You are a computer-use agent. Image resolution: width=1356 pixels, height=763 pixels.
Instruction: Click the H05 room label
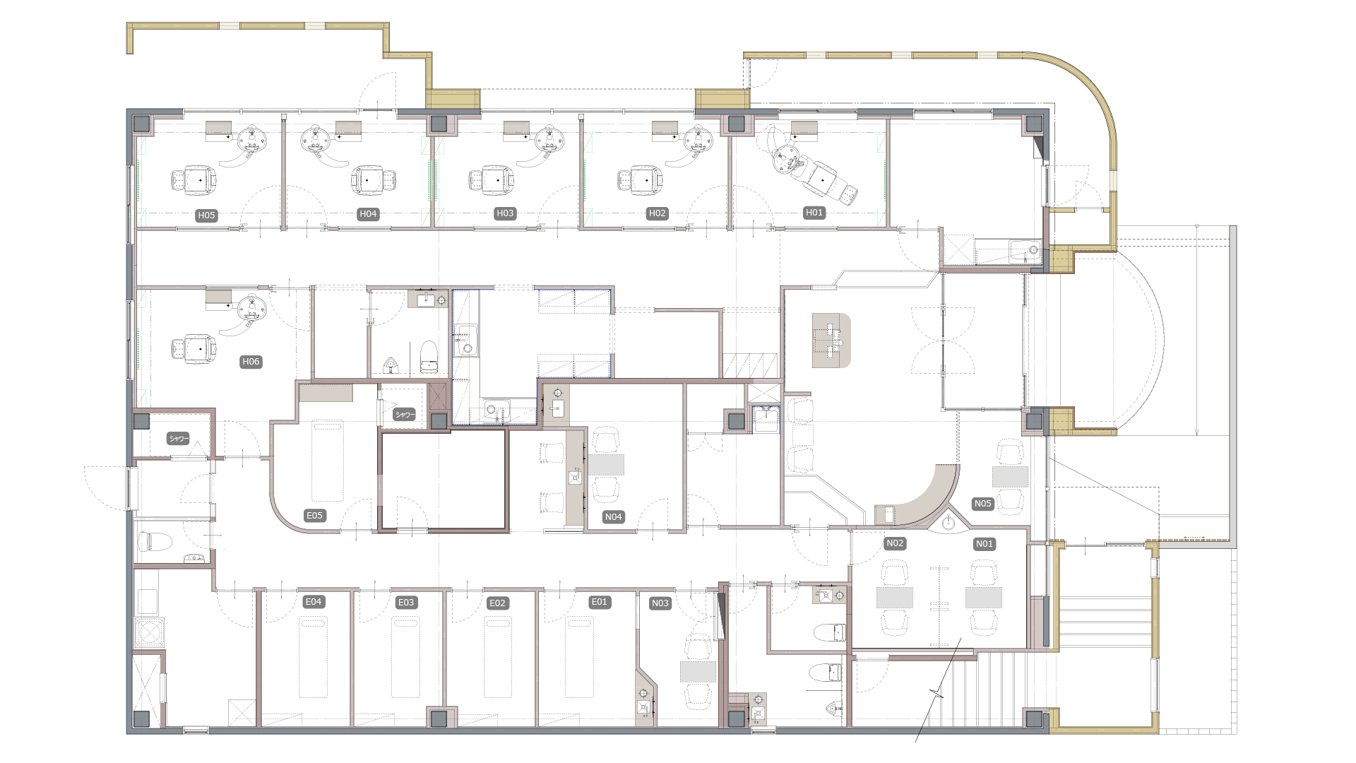206,215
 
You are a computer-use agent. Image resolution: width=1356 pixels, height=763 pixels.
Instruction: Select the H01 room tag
814,213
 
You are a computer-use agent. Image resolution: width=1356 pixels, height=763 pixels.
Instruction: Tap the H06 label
251,362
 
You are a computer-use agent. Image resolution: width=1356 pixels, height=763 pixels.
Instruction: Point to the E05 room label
314,516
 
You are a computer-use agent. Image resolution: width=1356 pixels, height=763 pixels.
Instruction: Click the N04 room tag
613,517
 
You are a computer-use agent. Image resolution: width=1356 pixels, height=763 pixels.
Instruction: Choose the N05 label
983,504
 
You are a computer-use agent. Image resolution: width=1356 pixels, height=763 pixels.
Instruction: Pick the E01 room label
599,602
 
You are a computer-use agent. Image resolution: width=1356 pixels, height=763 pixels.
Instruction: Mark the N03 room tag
660,603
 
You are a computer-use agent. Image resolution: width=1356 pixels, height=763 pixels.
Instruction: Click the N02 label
895,543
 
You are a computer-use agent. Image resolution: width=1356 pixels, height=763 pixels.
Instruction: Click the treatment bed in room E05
328,461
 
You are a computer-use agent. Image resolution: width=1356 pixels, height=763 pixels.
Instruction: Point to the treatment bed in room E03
405,657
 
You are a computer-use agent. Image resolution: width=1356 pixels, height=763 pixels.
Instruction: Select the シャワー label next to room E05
405,415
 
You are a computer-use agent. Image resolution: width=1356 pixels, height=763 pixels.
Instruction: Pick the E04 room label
313,602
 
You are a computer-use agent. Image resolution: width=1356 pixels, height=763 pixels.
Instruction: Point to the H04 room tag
368,214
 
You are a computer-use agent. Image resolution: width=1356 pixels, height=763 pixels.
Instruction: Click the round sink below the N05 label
948,524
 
